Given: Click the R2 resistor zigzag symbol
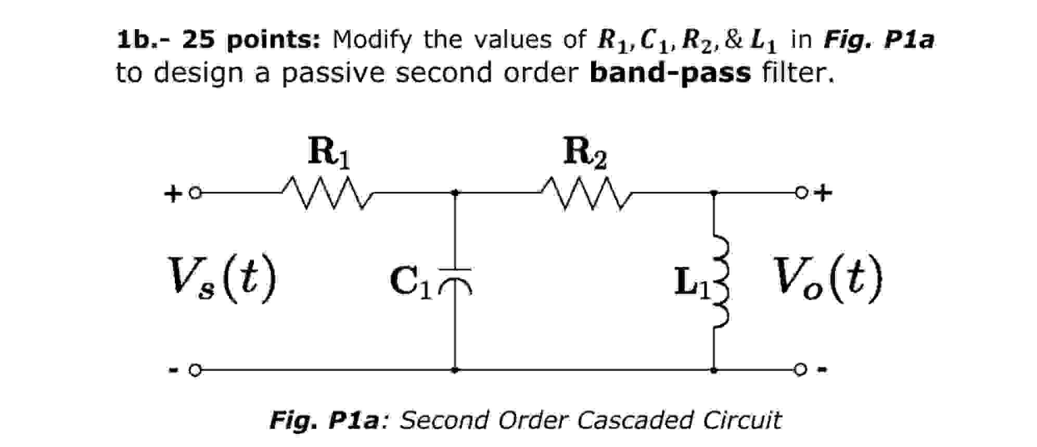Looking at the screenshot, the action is click(586, 193).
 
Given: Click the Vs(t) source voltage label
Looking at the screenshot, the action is click(221, 280).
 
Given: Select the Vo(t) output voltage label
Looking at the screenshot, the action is click(827, 280).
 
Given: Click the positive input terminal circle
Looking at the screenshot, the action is click(195, 193).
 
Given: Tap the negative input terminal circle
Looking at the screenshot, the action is click(195, 370).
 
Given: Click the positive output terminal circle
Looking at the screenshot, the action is click(800, 193).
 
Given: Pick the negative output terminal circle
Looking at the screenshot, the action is click(800, 370).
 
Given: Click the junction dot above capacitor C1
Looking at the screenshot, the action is click(455, 193).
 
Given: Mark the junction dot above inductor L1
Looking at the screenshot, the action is click(714, 193).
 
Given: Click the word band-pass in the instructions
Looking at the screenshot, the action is click(670, 72).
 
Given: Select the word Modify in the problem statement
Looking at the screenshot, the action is click(372, 40).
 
